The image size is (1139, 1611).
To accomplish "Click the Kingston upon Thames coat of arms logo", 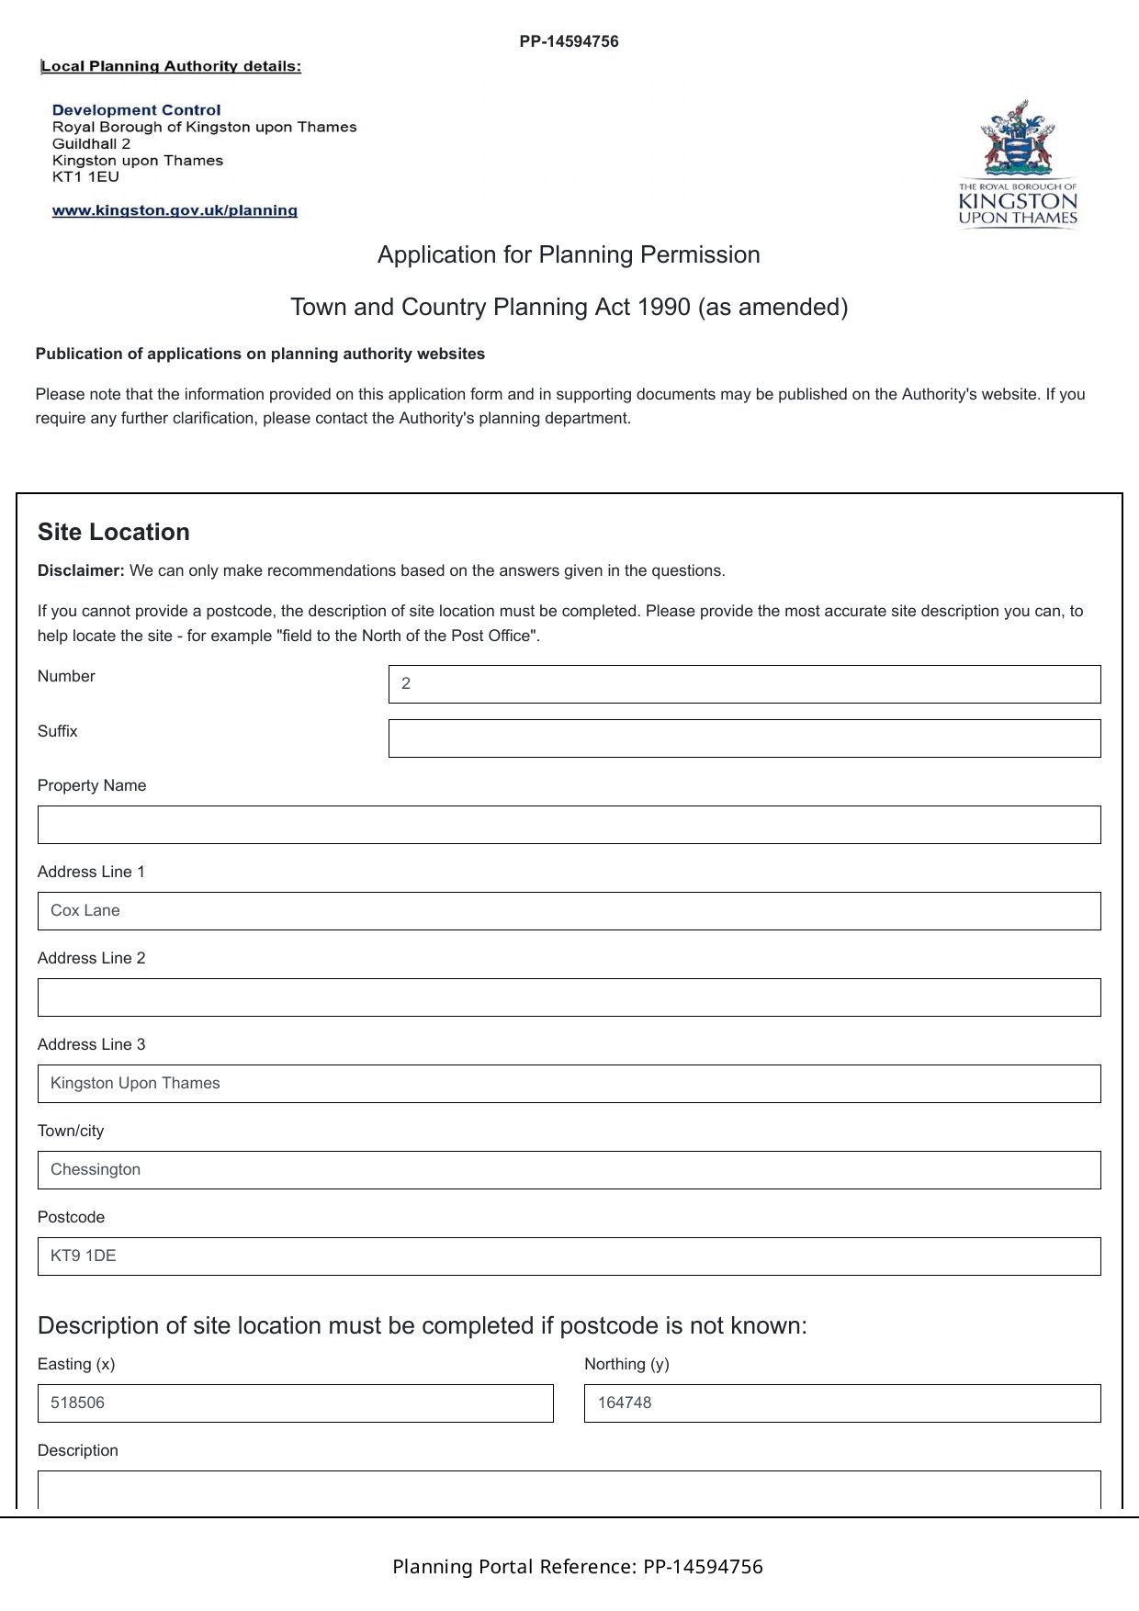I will click(1017, 163).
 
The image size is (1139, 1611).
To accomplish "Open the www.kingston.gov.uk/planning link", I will click(175, 210).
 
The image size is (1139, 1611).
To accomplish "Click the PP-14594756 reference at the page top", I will click(569, 41).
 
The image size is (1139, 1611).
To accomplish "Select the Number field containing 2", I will click(744, 684).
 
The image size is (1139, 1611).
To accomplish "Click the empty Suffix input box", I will click(744, 738).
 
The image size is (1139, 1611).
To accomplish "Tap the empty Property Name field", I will click(569, 825).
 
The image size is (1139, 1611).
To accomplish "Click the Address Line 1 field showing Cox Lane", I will click(569, 911).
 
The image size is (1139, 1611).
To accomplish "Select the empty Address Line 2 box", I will click(569, 997).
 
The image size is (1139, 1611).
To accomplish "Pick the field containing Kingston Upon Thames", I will click(569, 1084).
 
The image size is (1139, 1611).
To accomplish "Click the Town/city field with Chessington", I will click(569, 1170).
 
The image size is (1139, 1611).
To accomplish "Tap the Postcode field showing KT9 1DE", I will click(569, 1256).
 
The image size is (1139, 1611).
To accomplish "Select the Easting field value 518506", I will click(295, 1403).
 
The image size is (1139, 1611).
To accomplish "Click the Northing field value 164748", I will click(841, 1403).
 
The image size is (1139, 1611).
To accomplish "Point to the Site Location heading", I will click(114, 533).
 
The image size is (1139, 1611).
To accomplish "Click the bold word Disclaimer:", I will click(81, 570).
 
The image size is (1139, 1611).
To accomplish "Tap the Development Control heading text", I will click(137, 110).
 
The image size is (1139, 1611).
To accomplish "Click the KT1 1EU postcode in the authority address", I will click(85, 176).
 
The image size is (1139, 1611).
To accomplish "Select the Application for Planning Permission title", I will click(569, 254).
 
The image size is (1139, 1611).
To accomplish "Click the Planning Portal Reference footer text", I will click(577, 1567).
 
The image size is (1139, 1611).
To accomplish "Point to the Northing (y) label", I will click(626, 1364).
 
